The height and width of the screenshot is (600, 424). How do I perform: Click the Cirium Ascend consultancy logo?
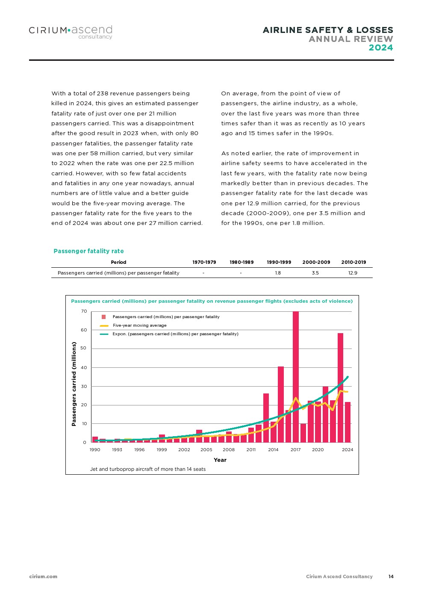(x=71, y=32)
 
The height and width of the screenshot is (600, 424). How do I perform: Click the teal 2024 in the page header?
(x=381, y=47)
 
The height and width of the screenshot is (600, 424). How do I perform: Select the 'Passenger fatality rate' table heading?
(x=88, y=251)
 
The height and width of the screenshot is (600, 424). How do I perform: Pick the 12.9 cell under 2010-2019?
(x=353, y=273)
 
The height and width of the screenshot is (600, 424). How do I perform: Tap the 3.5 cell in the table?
(x=315, y=273)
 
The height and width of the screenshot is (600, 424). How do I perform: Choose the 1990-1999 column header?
(x=279, y=262)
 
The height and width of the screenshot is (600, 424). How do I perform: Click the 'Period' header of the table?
(x=118, y=262)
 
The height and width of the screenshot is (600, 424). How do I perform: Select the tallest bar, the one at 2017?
(x=296, y=376)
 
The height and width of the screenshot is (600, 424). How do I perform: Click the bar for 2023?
(x=340, y=387)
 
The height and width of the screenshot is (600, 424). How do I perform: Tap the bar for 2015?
(x=281, y=404)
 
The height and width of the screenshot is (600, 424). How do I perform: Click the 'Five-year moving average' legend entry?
(x=139, y=325)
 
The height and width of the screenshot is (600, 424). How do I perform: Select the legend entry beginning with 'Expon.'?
(x=175, y=334)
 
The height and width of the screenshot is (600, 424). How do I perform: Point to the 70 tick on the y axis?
(x=84, y=311)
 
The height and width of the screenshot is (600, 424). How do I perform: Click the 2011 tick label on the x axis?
(x=251, y=449)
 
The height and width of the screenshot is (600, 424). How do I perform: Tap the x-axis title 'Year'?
(x=220, y=460)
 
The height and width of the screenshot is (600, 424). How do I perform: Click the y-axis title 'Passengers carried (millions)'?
(x=74, y=384)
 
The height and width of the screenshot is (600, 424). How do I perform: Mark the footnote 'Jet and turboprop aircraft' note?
(x=148, y=469)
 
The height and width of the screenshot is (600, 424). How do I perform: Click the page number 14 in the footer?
(x=391, y=576)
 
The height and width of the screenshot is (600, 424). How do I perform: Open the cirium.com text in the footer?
(x=43, y=576)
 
